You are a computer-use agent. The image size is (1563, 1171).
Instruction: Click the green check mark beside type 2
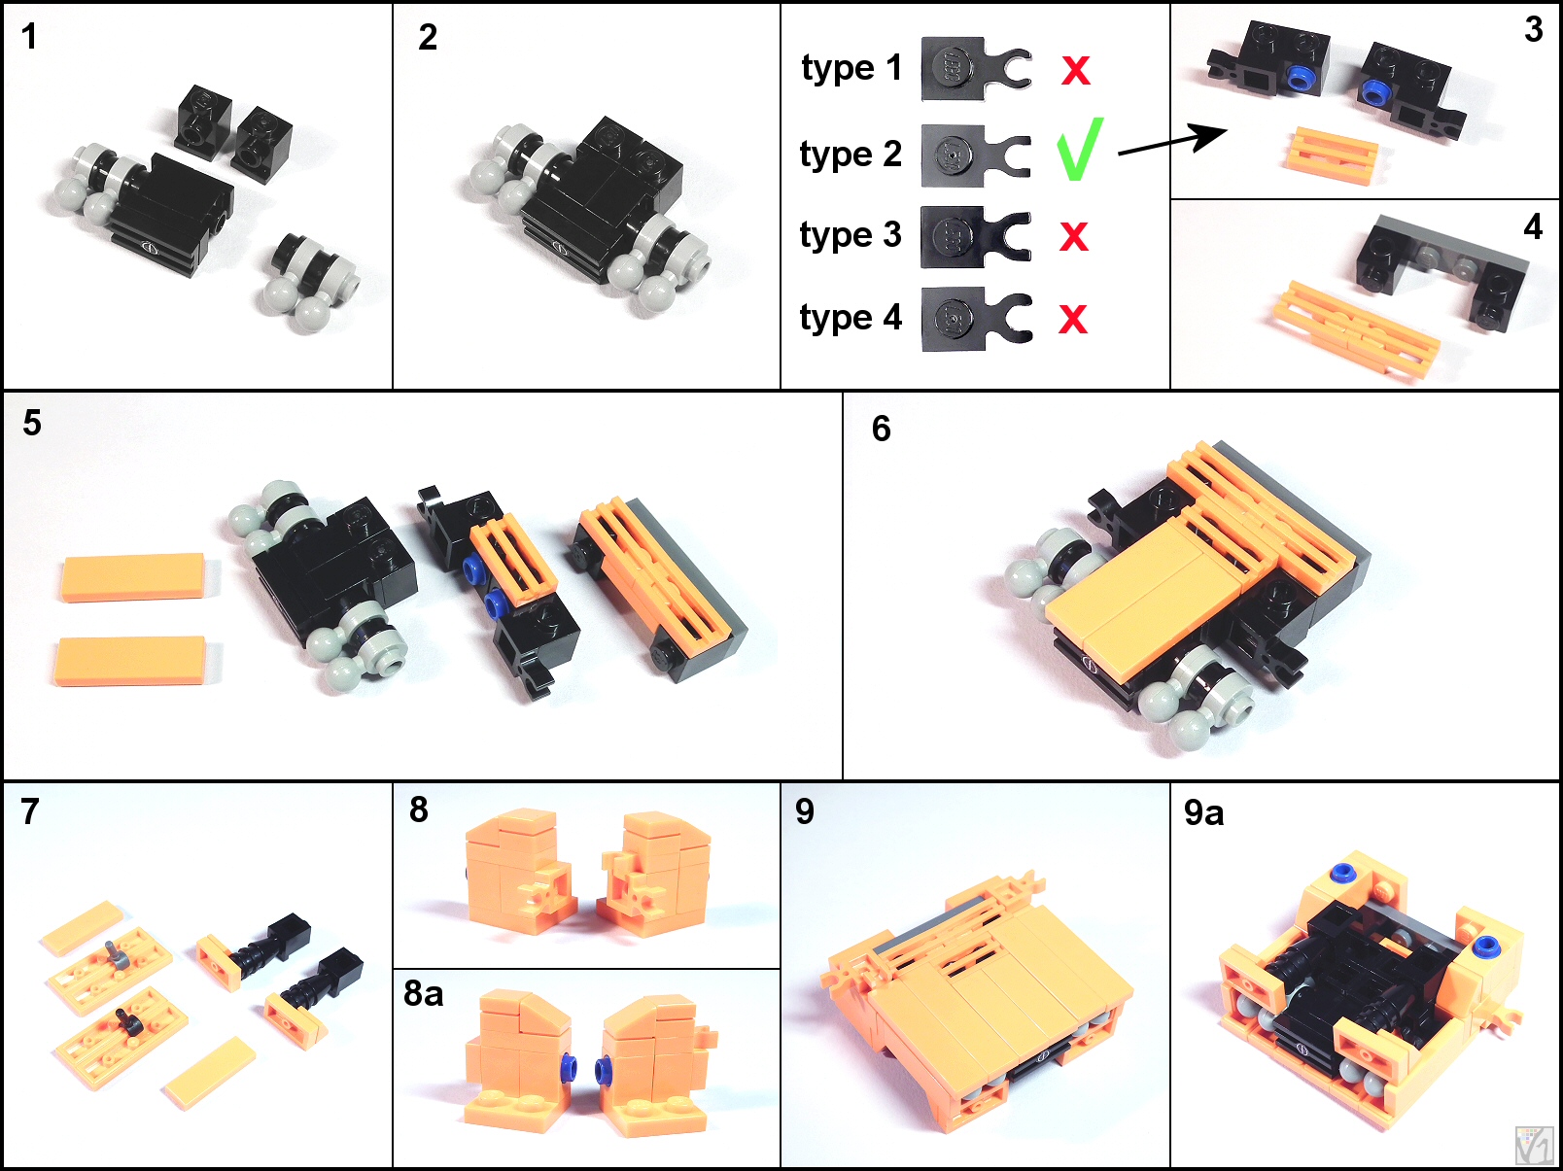1080,151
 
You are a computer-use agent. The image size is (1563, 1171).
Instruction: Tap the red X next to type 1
1075,71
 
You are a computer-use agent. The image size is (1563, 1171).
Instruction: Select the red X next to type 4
1073,318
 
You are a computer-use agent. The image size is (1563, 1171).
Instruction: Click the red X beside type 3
1074,236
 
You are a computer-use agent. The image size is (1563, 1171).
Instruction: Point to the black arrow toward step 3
1172,140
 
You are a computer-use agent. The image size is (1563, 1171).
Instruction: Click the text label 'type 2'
851,154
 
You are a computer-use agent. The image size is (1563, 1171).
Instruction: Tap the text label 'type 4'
851,318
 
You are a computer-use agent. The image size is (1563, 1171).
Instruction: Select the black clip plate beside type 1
976,69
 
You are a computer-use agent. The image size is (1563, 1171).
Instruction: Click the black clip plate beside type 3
976,237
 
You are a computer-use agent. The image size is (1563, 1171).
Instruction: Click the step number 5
32,423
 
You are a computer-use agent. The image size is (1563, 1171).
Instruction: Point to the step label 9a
1203,813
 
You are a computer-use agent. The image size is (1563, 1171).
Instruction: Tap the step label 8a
423,993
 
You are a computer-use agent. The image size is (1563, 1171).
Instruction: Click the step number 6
881,429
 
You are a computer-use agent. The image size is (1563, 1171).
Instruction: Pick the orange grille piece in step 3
1332,155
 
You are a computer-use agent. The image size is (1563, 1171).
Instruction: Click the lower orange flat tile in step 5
131,662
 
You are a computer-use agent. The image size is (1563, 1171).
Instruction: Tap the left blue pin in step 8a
569,1065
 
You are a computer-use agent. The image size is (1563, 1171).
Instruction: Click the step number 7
30,812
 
